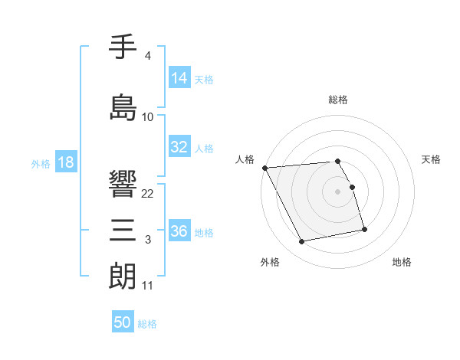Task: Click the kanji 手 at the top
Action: pos(123,47)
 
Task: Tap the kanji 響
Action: pos(123,184)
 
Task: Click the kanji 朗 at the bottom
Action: pos(123,275)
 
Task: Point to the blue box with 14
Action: pos(179,78)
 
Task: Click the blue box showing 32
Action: pos(179,147)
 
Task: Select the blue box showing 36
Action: pos(179,231)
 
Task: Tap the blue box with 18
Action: pos(65,162)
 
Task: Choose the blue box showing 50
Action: pos(123,322)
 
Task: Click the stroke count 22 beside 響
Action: pos(148,194)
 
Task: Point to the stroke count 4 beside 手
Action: pos(147,56)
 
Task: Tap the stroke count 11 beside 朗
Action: pos(147,286)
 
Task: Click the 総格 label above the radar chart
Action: pos(338,100)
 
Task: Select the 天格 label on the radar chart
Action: pos(432,159)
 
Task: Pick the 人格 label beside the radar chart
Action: pos(245,159)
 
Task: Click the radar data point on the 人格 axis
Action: pos(264,168)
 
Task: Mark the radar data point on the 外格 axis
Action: pos(302,242)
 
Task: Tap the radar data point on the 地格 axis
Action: pos(364,229)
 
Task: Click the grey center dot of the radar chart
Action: pos(338,191)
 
